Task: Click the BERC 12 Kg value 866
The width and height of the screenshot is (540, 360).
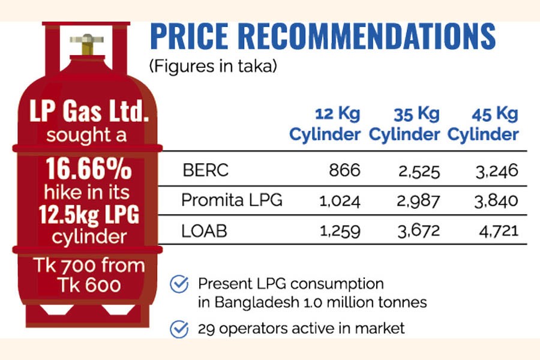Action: point(344,171)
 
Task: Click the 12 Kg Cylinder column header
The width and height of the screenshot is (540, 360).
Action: point(326,124)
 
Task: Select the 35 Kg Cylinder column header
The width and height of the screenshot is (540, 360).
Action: point(404,124)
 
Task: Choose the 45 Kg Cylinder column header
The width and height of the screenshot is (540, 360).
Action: point(483,124)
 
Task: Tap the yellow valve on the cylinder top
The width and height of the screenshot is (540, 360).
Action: point(86,45)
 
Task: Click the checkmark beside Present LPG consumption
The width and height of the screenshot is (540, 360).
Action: point(179,284)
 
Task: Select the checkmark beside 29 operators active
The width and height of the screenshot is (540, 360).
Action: point(179,328)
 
